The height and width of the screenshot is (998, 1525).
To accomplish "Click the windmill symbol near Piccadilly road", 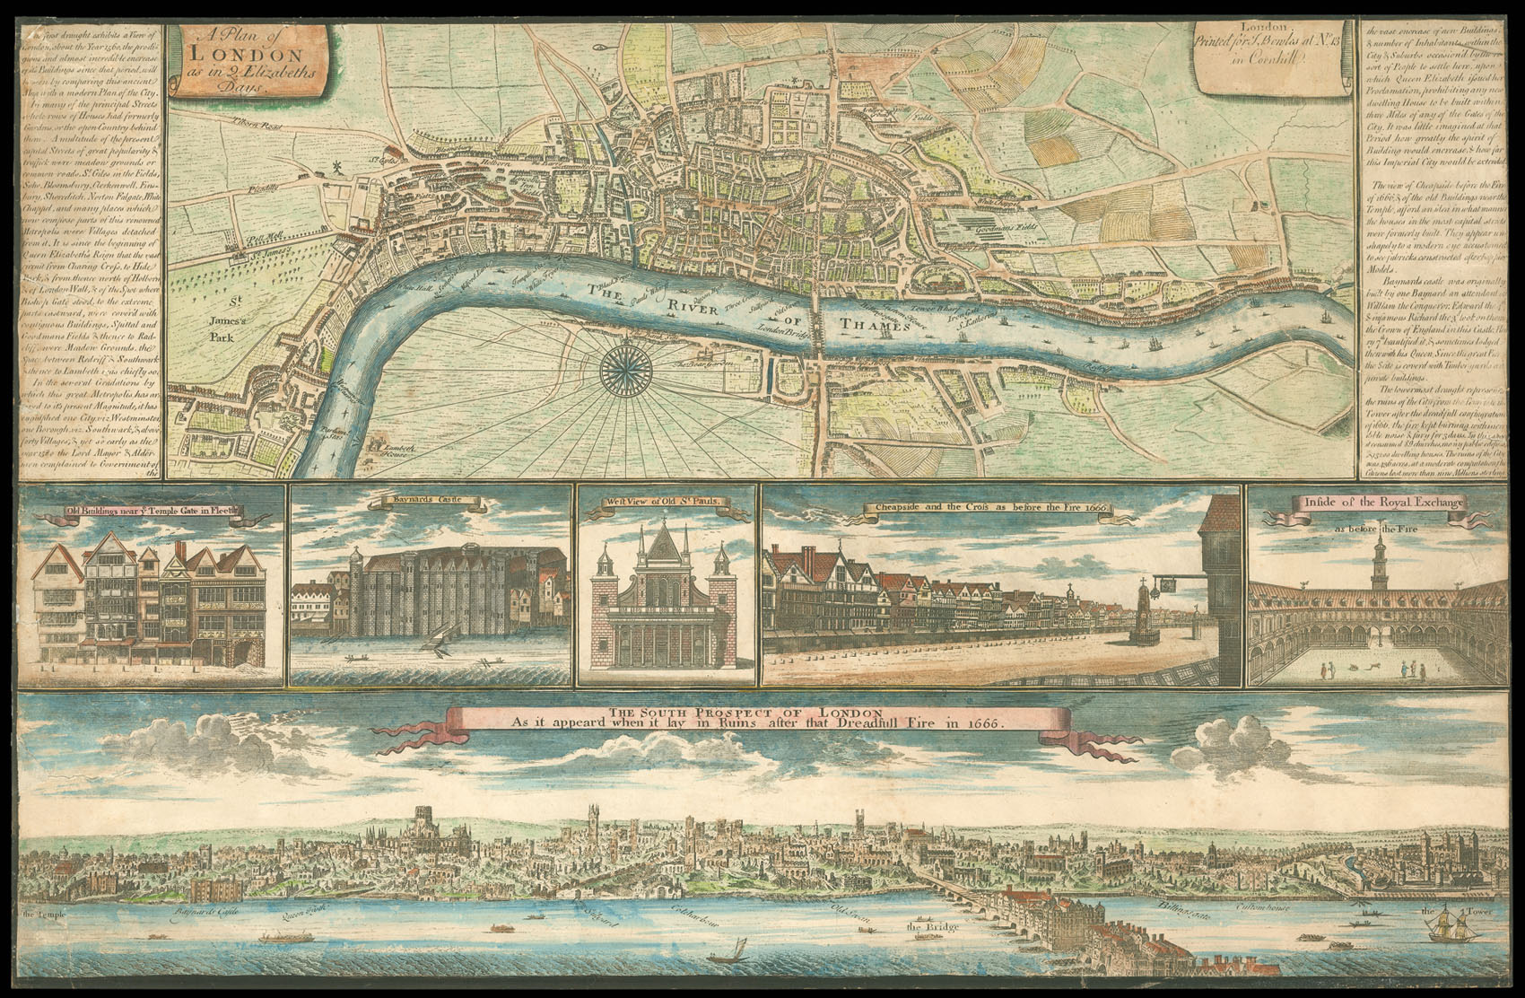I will (337, 168).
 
